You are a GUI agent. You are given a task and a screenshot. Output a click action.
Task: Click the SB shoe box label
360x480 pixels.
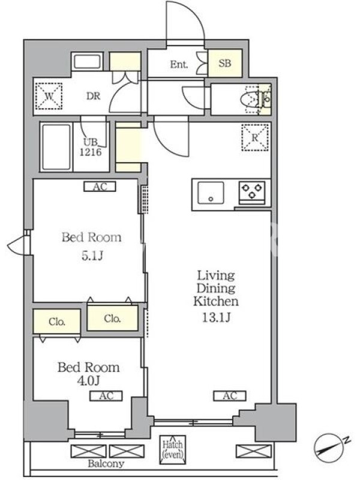click(224, 64)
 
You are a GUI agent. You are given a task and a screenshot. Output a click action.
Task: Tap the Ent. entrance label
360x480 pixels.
click(179, 64)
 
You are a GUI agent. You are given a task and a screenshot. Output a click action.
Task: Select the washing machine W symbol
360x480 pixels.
click(49, 96)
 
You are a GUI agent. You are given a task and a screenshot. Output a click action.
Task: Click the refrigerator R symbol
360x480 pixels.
click(255, 137)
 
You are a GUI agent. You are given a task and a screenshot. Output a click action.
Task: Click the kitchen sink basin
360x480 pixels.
click(211, 193)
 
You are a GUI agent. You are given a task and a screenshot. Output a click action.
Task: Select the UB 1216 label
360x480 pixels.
click(91, 146)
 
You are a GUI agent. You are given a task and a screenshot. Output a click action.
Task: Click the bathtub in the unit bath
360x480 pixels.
click(56, 147)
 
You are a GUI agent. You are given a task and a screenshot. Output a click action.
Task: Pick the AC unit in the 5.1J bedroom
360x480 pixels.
click(100, 187)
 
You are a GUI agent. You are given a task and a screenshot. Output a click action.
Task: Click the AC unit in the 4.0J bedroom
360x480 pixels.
click(106, 396)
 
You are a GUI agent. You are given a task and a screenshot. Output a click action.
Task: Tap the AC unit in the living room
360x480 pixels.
click(230, 396)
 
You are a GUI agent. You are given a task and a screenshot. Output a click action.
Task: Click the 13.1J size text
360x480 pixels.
click(216, 317)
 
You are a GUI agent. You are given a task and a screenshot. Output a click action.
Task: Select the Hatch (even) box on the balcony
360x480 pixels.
click(173, 449)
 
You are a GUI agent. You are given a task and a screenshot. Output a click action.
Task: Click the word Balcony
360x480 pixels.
click(106, 463)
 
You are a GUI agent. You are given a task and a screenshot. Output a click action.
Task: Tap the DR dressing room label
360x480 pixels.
click(94, 96)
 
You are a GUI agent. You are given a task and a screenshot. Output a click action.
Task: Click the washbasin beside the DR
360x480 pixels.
click(87, 62)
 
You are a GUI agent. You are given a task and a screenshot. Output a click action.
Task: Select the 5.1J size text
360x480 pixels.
click(92, 256)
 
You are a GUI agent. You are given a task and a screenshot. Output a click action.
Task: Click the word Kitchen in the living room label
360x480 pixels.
click(216, 301)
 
